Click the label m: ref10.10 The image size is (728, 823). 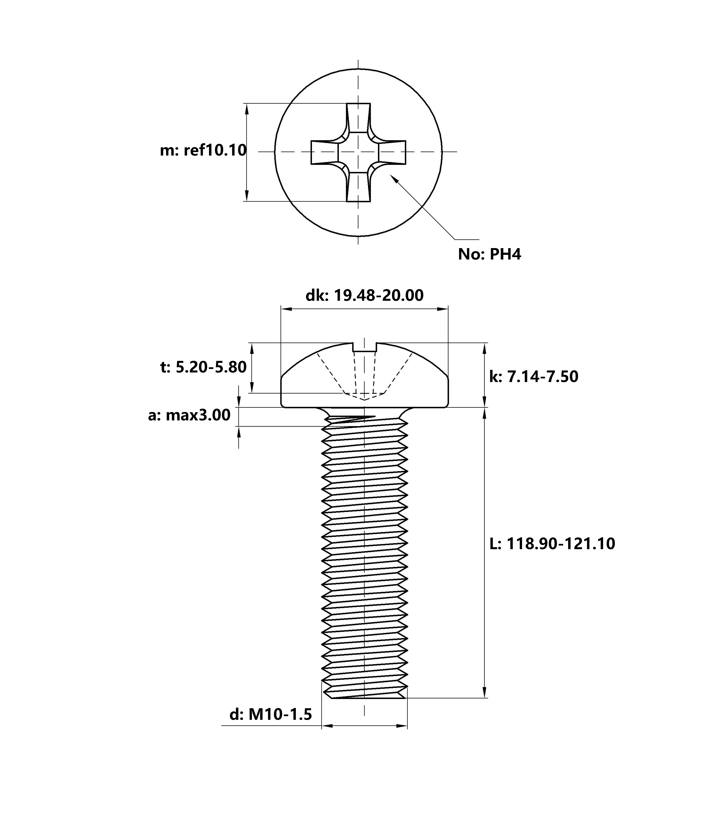[x=203, y=150]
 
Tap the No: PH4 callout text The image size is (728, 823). [x=489, y=254]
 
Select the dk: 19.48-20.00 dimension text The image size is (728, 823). [x=365, y=296]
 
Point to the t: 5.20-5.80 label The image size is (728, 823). [x=203, y=367]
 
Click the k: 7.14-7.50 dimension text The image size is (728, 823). [x=534, y=376]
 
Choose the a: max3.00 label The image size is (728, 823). [x=189, y=415]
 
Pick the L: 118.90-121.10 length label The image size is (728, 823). [x=552, y=544]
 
